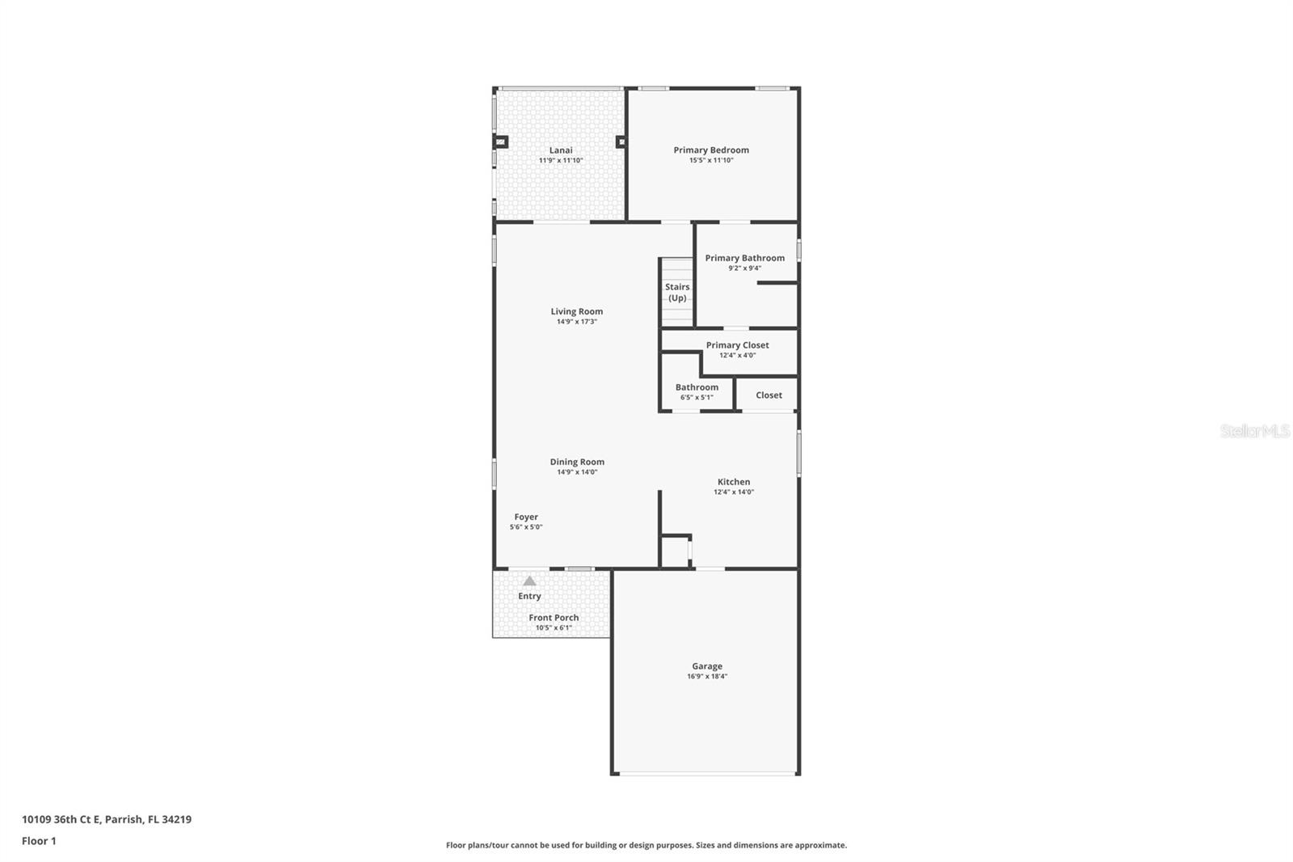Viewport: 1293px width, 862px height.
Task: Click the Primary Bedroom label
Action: coord(711,150)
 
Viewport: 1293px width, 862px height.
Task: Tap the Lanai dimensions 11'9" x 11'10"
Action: coord(561,161)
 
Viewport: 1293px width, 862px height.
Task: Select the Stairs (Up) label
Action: coord(677,292)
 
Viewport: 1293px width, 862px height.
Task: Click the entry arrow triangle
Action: coord(529,581)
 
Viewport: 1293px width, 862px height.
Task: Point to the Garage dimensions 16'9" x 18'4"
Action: coord(707,677)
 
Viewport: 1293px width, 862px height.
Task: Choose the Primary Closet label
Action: coord(737,345)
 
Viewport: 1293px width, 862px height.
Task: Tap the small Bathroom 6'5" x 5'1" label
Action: coord(697,387)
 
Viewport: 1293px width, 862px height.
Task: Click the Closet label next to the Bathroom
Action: coord(769,395)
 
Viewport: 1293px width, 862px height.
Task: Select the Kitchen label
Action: coord(734,482)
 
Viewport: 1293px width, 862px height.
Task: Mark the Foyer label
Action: coord(526,517)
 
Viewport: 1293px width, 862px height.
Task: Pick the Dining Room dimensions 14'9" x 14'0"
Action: coord(577,472)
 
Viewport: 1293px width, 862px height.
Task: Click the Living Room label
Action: coord(577,311)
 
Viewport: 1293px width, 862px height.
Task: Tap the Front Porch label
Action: coord(554,618)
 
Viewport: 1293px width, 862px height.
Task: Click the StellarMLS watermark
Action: coord(1254,432)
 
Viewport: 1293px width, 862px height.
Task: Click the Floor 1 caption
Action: coord(39,841)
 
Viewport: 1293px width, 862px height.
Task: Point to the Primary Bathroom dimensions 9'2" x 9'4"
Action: coord(744,268)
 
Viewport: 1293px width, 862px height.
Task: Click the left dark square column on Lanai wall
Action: coord(501,142)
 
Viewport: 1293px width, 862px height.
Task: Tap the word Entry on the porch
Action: coord(529,596)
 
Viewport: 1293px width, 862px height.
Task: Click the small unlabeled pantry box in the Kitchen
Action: coord(675,551)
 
